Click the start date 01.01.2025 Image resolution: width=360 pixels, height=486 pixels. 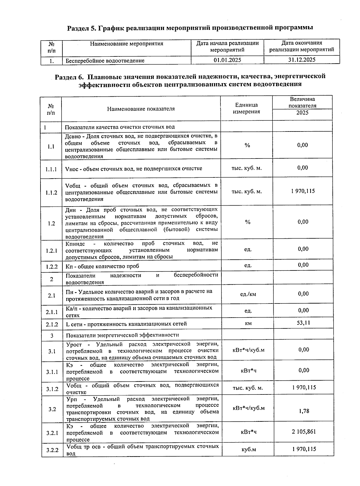point(227,60)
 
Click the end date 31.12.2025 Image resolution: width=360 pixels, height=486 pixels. point(301,60)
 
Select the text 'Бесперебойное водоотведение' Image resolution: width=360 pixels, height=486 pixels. point(105,61)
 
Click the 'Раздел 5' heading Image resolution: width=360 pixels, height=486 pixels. point(190,28)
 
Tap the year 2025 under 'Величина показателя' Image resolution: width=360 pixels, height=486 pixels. point(302,113)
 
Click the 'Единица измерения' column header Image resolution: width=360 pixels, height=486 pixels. point(246,108)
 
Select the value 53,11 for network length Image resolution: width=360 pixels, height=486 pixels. point(303,323)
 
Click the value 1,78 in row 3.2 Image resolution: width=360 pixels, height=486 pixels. point(304,411)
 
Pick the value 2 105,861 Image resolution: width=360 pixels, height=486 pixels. point(304,432)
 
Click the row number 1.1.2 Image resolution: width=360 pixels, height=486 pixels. point(51,193)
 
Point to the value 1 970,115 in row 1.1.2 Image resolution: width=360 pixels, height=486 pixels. point(303,191)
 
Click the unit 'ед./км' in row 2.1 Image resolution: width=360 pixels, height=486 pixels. point(248,294)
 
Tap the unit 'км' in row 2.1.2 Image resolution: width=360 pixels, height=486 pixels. point(248,323)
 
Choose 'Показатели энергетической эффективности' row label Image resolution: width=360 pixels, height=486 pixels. point(122,335)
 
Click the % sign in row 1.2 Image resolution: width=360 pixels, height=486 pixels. point(247,222)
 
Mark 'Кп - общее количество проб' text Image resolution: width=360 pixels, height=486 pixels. point(102,266)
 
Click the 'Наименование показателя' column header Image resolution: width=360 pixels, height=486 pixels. point(141,109)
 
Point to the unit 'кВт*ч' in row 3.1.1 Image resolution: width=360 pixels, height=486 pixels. point(248,371)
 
